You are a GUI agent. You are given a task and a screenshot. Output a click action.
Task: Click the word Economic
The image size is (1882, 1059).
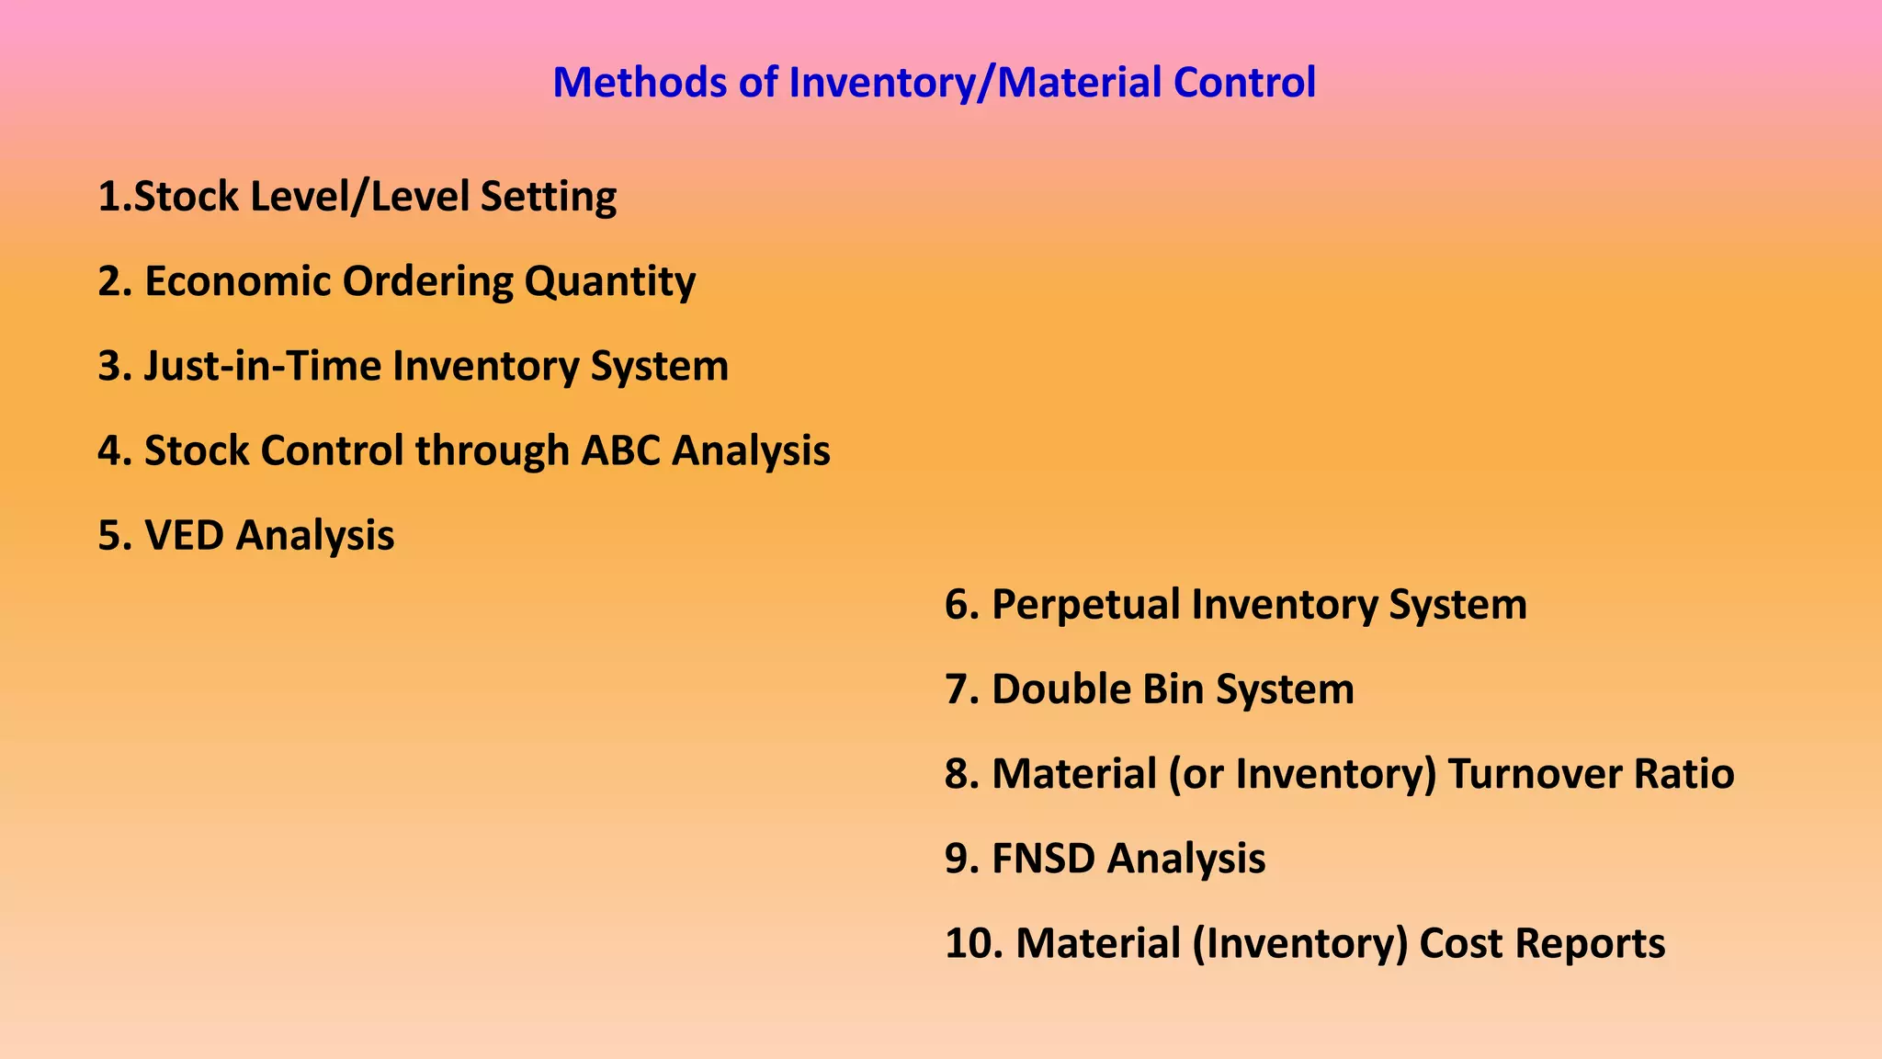point(237,282)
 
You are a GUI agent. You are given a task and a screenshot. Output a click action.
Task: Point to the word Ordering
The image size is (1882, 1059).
point(427,282)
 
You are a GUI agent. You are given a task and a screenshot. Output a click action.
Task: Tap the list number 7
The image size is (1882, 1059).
point(961,689)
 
